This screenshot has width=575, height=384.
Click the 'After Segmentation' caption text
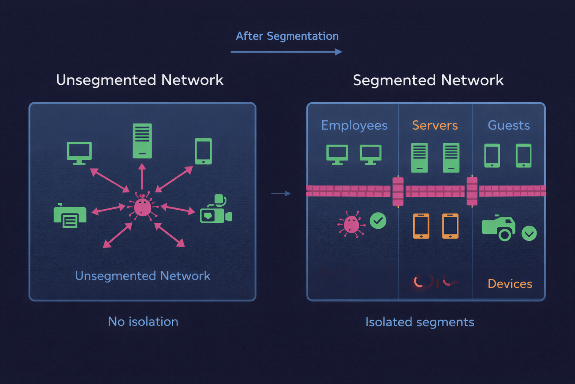[x=287, y=36]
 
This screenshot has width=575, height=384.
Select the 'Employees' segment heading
[x=354, y=125]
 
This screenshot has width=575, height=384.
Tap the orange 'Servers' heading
[x=435, y=125]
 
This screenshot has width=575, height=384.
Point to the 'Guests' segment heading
[x=508, y=125]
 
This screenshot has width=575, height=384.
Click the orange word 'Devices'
[x=509, y=284]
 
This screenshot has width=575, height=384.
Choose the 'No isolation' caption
[x=143, y=322]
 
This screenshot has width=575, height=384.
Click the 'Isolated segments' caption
[x=420, y=322]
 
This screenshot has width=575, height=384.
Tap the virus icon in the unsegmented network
[x=143, y=206]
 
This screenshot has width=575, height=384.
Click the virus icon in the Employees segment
[x=351, y=224]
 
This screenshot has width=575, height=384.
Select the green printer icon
[x=70, y=216]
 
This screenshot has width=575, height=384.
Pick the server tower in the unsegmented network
[x=142, y=141]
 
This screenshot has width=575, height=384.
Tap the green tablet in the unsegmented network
[x=203, y=151]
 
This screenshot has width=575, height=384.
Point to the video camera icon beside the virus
[x=216, y=210]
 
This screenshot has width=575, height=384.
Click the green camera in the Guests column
[x=498, y=227]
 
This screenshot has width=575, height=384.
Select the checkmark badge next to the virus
[x=378, y=220]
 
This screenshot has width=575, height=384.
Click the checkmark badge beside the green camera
[x=529, y=234]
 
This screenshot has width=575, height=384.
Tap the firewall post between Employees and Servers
[x=398, y=192]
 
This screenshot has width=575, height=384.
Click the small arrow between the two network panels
[x=281, y=193]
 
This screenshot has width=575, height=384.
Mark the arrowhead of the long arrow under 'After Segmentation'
[x=338, y=52]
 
